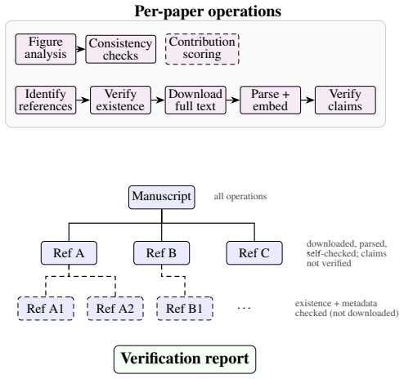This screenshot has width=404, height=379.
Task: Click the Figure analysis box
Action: (46, 49)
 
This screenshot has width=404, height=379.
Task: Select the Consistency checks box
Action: (121, 49)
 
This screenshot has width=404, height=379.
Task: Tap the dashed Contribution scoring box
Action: (202, 49)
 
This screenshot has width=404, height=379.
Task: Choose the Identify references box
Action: (46, 100)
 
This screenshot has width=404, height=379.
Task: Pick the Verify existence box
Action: (120, 100)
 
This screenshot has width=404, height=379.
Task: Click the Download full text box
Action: (195, 100)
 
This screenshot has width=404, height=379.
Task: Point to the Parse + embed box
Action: (271, 100)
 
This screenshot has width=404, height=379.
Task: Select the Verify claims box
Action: (345, 100)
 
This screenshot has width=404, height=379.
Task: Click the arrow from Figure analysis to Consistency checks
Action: (81, 49)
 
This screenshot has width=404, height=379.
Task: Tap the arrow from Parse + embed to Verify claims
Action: (308, 100)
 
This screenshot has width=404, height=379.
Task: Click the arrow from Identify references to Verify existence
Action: (83, 100)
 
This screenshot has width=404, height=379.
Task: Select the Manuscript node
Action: (162, 198)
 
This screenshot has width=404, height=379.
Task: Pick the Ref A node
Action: (69, 253)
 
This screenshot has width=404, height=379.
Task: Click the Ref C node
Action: (254, 253)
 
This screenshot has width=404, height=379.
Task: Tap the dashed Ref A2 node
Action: (115, 309)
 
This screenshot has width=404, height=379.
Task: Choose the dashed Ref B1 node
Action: (185, 309)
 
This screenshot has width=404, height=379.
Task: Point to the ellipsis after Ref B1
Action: (244, 309)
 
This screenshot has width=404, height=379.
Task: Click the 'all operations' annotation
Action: (240, 196)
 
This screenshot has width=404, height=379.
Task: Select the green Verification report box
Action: (185, 359)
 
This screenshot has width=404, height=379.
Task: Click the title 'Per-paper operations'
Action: (208, 11)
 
